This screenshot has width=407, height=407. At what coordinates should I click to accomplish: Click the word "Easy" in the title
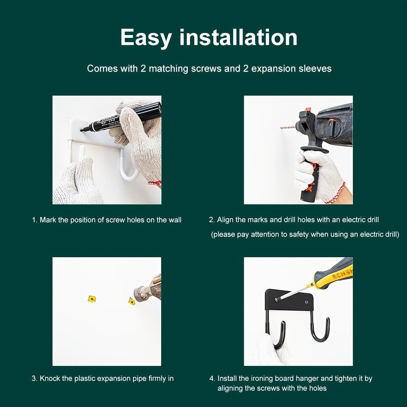click(146, 37)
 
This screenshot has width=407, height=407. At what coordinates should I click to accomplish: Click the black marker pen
click(121, 117)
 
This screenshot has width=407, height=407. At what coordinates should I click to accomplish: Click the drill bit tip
click(281, 128)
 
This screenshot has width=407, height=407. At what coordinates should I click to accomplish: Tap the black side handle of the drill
click(310, 177)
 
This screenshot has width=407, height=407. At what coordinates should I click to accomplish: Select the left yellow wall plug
click(92, 299)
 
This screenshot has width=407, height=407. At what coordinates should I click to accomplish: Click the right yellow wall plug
click(131, 301)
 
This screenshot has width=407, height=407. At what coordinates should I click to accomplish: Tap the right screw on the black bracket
click(306, 302)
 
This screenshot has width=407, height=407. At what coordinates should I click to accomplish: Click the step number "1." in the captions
click(35, 220)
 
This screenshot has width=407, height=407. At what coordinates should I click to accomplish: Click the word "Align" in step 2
click(225, 220)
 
